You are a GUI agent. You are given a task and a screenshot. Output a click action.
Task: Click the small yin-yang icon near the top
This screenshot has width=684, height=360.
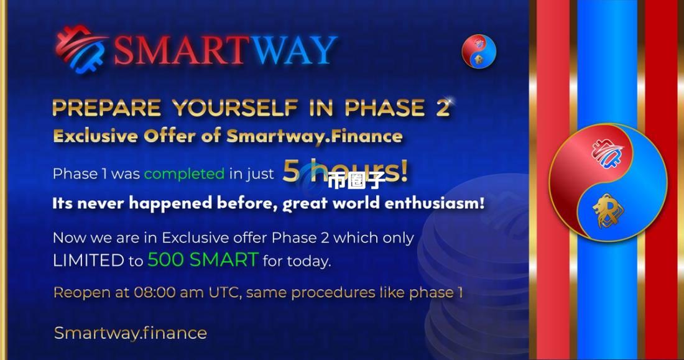(x=479, y=51)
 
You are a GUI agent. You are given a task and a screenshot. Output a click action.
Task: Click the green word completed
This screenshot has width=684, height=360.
(x=184, y=173)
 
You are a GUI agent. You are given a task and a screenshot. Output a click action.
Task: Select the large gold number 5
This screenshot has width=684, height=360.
(x=290, y=172)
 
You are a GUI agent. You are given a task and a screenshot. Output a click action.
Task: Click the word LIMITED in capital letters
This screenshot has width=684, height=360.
(x=88, y=261)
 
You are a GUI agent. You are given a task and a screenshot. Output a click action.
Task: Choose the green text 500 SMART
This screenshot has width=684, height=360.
(x=203, y=260)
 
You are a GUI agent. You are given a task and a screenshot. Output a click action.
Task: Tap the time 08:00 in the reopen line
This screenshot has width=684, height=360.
(x=157, y=292)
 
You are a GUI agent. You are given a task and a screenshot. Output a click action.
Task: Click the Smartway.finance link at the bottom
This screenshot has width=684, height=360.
(x=131, y=333)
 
